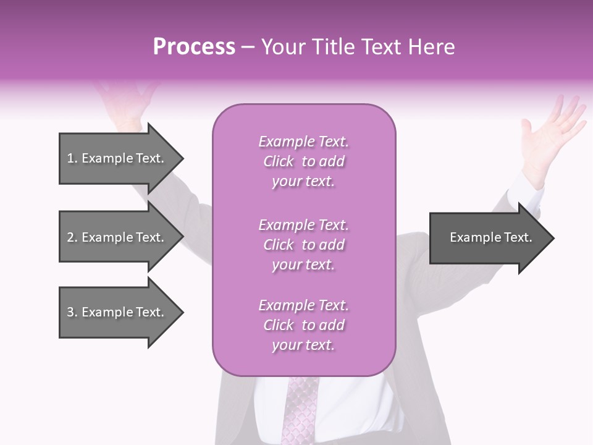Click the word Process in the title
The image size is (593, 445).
(194, 47)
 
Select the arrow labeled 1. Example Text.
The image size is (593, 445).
(116, 158)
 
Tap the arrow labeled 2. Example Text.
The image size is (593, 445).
(116, 237)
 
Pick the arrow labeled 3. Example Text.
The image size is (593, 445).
(116, 312)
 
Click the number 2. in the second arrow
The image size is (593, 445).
(72, 237)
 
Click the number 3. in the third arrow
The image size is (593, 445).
(72, 312)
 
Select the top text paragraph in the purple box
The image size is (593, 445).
(303, 161)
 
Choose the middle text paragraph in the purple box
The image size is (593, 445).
(303, 244)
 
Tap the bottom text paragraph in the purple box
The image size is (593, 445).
(303, 325)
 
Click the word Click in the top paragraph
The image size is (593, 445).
(279, 161)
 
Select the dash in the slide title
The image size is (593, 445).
(248, 47)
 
